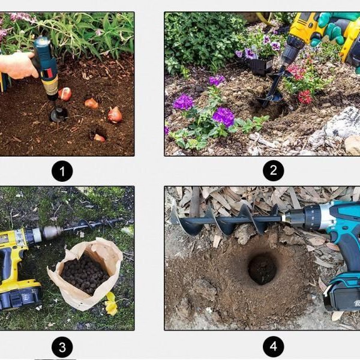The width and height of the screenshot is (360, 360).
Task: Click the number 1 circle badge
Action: tap(62, 171)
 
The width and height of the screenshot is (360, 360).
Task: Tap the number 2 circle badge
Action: tap(273, 170)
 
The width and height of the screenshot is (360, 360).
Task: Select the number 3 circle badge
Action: tap(62, 347)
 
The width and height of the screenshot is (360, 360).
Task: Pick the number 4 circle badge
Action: tap(273, 346)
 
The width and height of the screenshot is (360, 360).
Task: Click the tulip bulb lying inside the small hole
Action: tap(100, 138)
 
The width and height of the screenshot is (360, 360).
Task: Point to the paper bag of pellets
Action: tap(85, 273)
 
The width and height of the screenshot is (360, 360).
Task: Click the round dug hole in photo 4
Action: tap(262, 268)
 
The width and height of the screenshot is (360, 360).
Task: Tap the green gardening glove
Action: tap(333, 28)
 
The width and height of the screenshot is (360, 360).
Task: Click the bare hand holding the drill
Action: tap(19, 65)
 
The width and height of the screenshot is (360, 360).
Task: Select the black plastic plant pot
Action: tap(261, 66)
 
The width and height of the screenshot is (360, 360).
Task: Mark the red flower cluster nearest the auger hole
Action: tap(305, 97)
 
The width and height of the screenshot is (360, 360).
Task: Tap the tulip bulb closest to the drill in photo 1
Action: tap(65, 94)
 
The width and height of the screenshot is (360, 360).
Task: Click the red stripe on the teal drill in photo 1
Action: tap(50, 73)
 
